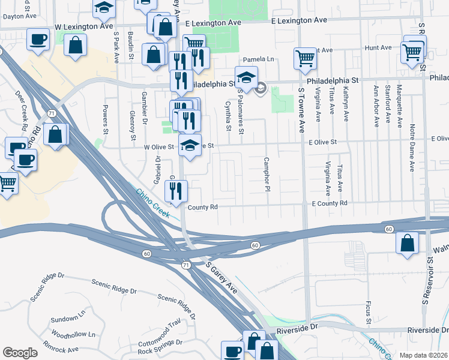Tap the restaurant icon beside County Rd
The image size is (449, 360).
[x=176, y=191]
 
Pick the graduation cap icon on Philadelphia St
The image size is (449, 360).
[x=246, y=77]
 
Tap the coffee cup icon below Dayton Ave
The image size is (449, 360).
[x=38, y=40]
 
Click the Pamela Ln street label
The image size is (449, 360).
[x=258, y=59]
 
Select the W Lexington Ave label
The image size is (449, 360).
[x=83, y=27]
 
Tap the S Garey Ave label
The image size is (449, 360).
[x=221, y=277]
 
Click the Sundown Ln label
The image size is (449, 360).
[x=69, y=319]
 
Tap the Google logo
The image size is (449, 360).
[x=20, y=353]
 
